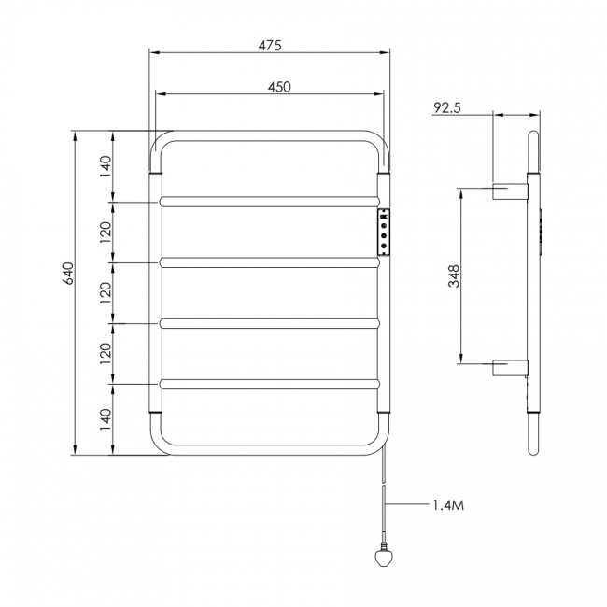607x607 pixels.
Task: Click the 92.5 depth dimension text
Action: pyautogui.click(x=447, y=107)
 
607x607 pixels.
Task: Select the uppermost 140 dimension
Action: pyautogui.click(x=106, y=165)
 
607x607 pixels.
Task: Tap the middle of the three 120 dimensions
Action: pyautogui.click(x=106, y=293)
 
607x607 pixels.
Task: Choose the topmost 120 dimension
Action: pyautogui.click(x=106, y=232)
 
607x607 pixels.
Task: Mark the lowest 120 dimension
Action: pyautogui.click(x=106, y=352)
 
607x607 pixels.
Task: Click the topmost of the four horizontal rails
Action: pyautogui.click(x=269, y=200)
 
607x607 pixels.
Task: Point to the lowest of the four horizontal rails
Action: pyautogui.click(x=269, y=383)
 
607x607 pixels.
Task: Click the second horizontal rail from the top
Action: pyautogui.click(x=269, y=262)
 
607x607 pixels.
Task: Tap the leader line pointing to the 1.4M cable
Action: pyautogui.click(x=407, y=505)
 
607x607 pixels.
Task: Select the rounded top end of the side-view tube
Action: pyautogui.click(x=533, y=138)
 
